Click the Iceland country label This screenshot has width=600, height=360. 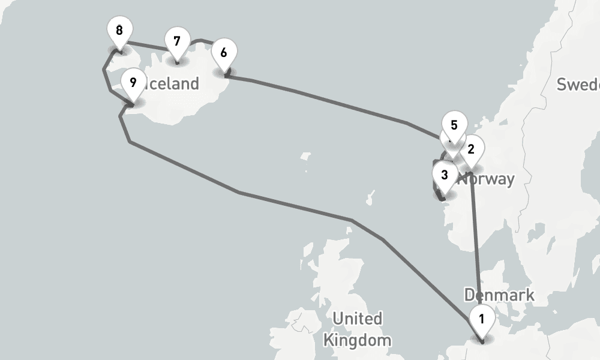pyautogui.click(x=171, y=84)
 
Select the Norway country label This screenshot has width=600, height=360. pyautogui.click(x=487, y=179)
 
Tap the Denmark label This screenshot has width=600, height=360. pyautogui.click(x=499, y=295)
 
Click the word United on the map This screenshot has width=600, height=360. pyautogui.click(x=358, y=318)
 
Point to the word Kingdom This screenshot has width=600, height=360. pyautogui.click(x=357, y=341)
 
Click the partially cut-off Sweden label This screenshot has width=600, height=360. pyautogui.click(x=578, y=85)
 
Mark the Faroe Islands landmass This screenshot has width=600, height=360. pyautogui.click(x=305, y=157)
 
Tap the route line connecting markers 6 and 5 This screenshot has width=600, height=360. pyautogui.click(x=330, y=101)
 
